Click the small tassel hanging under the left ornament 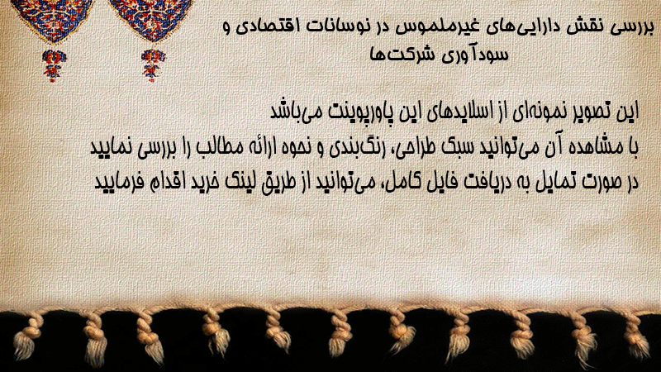[53, 65]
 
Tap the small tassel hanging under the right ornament [153, 65]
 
